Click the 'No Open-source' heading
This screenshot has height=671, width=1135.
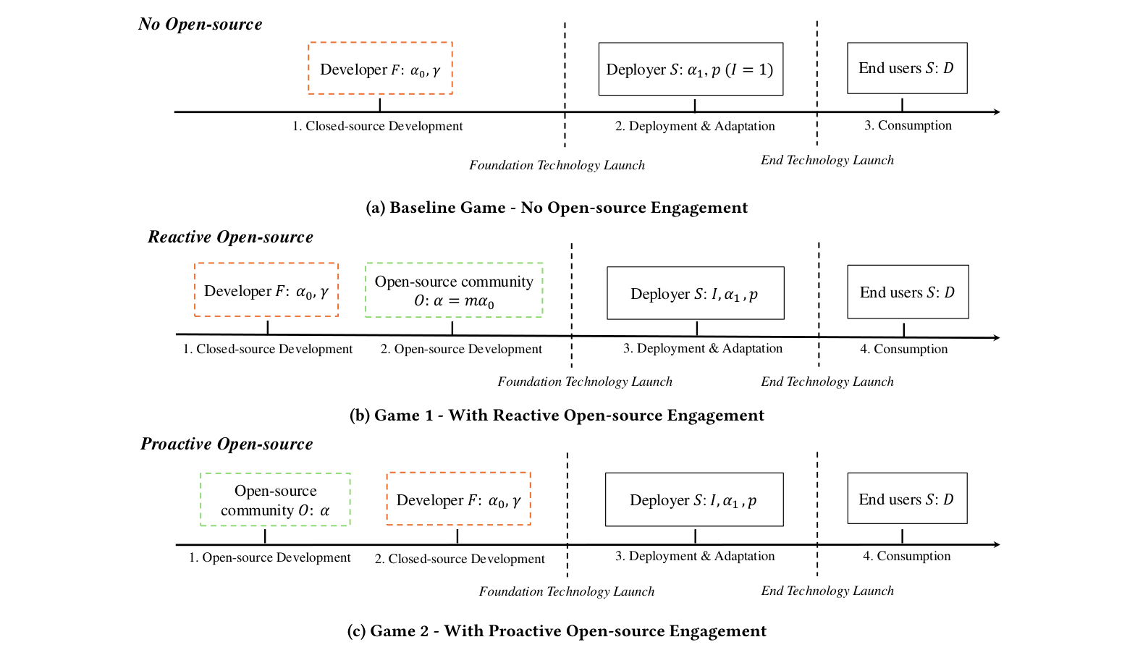200,24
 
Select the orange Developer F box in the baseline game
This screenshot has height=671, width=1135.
380,69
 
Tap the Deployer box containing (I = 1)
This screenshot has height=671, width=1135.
691,69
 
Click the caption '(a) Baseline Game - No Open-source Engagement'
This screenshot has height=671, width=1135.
557,208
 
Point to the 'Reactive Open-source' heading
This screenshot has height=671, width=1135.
230,237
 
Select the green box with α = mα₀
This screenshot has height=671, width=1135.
454,290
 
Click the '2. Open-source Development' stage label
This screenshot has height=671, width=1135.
461,349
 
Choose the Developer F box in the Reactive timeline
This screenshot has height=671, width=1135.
266,290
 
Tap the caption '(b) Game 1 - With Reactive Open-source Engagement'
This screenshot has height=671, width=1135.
557,415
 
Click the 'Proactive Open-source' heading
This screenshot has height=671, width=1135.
227,444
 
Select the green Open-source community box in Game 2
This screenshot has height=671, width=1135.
275,499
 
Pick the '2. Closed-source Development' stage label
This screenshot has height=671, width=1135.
460,559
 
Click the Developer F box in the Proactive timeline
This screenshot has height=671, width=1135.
459,499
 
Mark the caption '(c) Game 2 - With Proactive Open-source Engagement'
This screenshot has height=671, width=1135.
557,630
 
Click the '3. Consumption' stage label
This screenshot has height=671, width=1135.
908,125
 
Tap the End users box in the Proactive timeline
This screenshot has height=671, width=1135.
907,499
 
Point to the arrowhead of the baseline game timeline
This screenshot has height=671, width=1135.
997,112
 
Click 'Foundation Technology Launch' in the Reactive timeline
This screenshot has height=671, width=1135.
585,381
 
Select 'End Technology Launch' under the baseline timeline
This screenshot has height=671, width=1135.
827,160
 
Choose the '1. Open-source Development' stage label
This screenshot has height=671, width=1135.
269,557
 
